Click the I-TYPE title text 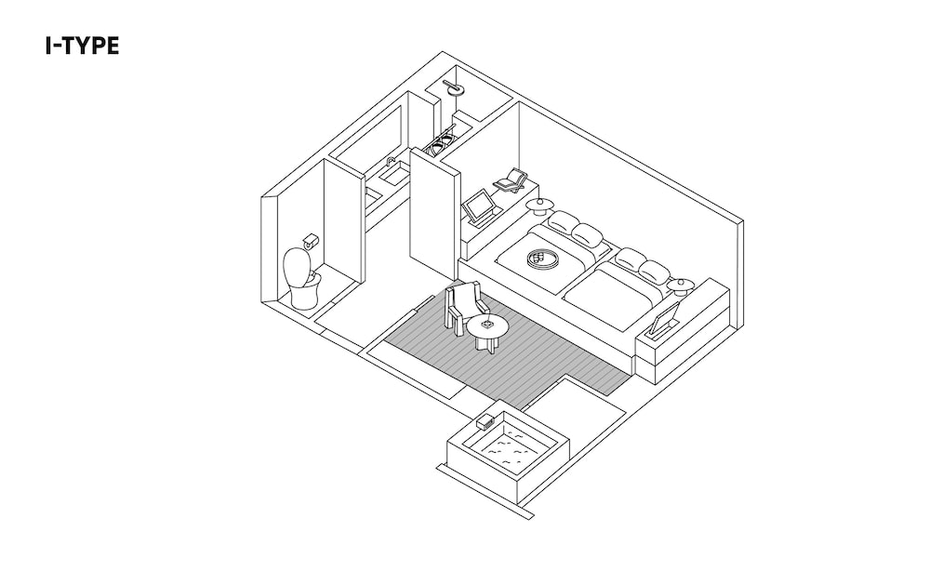(x=82, y=46)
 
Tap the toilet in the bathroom (x=299, y=278)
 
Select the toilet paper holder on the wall (x=312, y=239)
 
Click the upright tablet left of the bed (x=480, y=207)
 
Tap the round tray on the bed (x=541, y=259)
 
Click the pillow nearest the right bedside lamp (x=655, y=272)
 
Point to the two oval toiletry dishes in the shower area (x=440, y=143)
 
